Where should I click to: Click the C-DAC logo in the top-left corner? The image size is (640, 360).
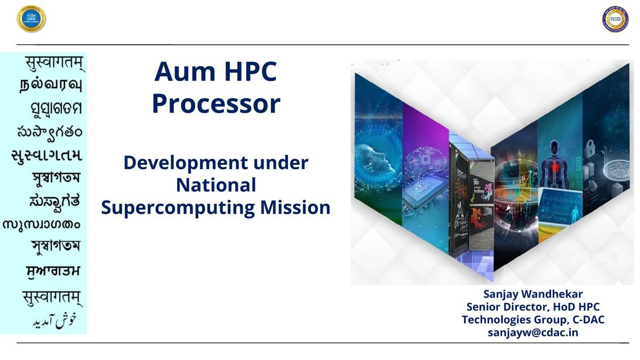point(31,19)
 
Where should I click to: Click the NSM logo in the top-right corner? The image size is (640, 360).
point(615,19)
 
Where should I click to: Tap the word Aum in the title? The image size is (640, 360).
point(179,72)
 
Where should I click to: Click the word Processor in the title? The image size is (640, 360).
point(216,104)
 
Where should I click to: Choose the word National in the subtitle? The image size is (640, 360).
point(216,185)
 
